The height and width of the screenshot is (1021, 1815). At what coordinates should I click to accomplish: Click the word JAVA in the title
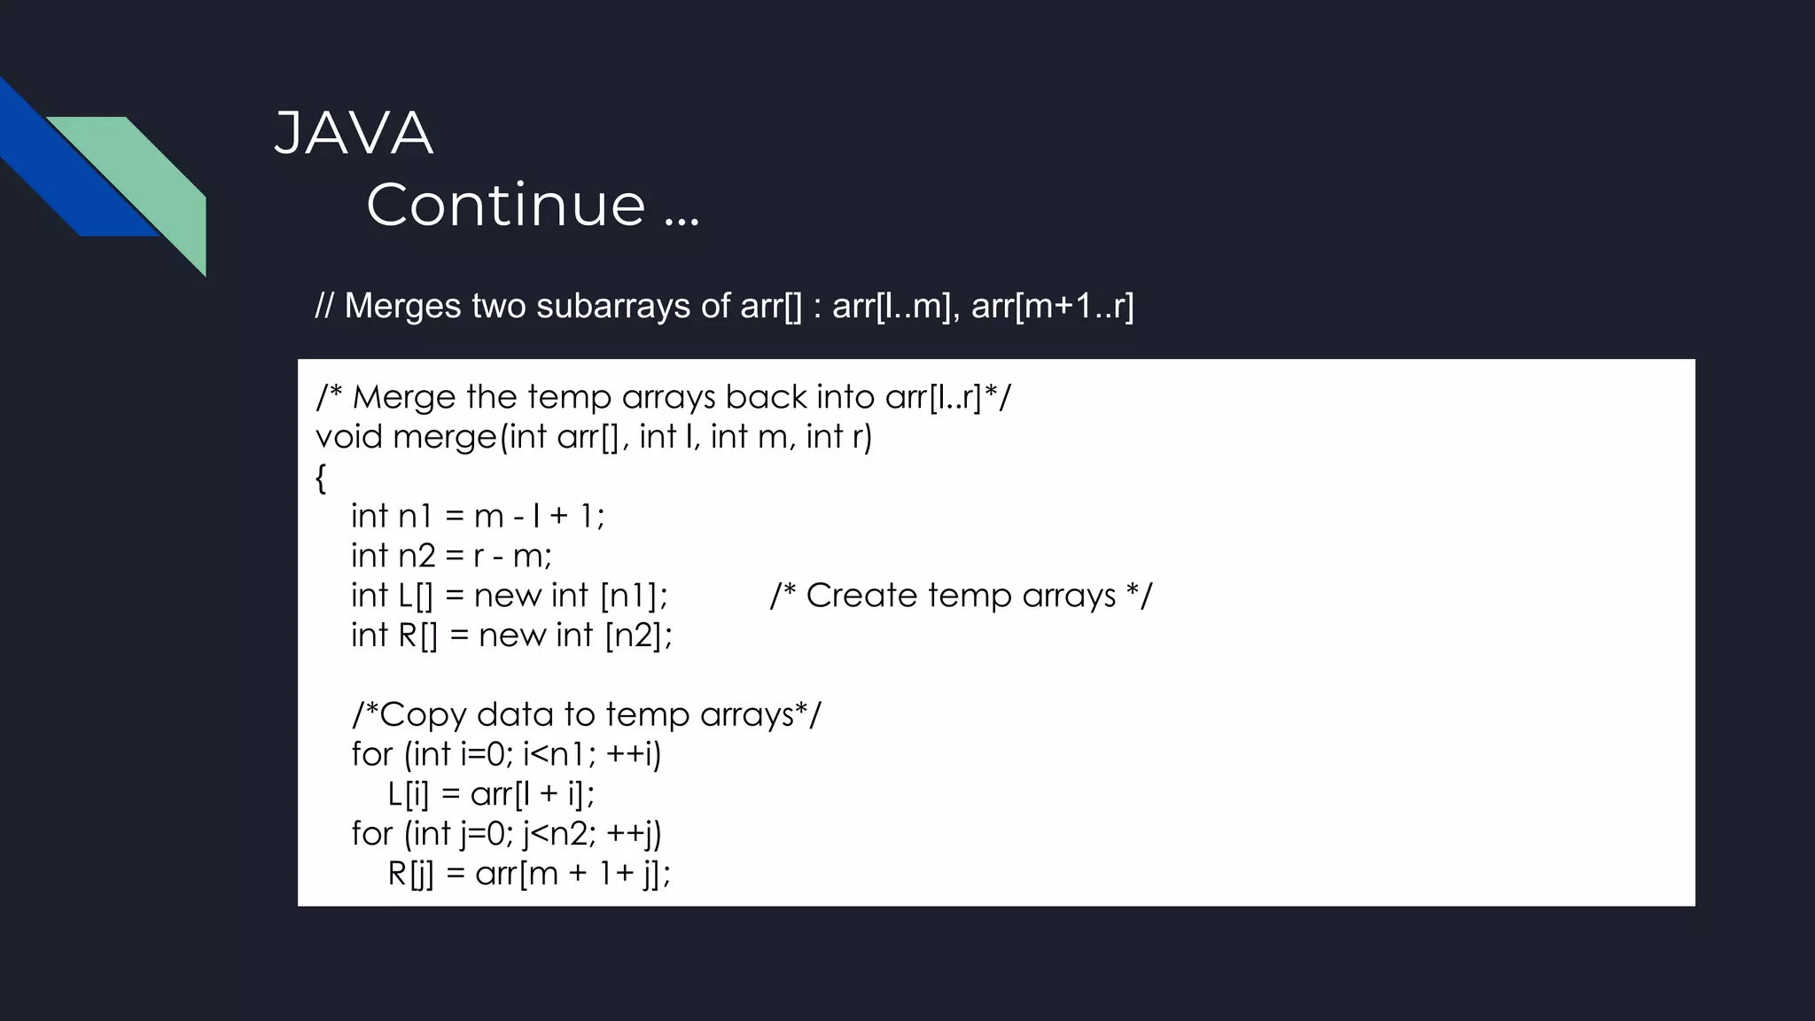coord(354,135)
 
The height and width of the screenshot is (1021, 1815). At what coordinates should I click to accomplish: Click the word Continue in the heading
coord(506,205)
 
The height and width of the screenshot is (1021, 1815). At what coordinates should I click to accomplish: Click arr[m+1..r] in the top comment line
coord(1052,306)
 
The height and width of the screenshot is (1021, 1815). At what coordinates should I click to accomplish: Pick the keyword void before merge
coord(349,437)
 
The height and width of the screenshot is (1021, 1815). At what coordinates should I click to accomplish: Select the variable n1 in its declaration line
coord(415,516)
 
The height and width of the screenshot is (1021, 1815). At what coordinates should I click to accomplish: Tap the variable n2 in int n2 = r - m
coord(417,556)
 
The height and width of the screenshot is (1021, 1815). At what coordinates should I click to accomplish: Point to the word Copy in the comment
coord(423,714)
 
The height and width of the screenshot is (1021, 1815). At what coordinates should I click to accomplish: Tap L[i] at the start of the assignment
coord(408,794)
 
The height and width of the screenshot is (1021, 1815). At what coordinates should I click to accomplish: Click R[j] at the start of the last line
coord(410,874)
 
